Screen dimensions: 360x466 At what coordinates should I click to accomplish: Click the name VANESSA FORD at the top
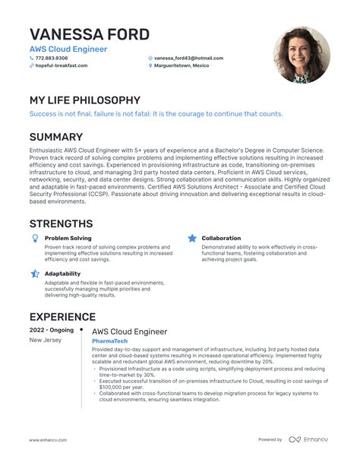click(89, 34)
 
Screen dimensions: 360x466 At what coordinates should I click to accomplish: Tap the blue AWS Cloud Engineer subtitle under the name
click(68, 49)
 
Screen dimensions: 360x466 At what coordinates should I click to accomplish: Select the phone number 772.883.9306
click(52, 59)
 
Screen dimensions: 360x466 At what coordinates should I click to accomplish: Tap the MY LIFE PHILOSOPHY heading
click(84, 100)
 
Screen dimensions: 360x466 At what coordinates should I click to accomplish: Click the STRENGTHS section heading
click(61, 223)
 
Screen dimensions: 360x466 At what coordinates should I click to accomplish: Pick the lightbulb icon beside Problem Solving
click(34, 239)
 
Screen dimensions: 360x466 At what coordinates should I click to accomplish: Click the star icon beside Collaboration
click(191, 239)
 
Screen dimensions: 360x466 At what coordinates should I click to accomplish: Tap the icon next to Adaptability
click(34, 273)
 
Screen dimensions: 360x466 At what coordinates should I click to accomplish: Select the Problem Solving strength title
click(68, 239)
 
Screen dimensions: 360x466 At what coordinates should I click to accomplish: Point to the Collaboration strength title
click(221, 239)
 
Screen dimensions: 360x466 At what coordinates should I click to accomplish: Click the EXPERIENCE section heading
click(62, 316)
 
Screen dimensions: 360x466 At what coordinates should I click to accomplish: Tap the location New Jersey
click(45, 341)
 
